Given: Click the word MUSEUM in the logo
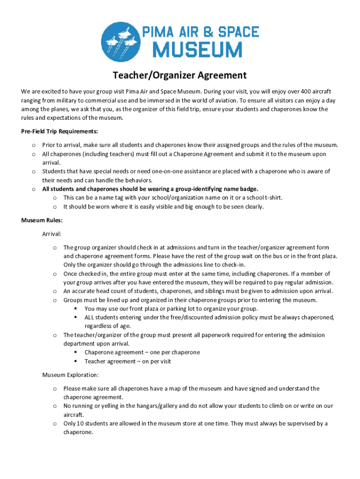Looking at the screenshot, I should click(199, 50).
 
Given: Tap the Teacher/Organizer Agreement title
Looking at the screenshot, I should click(180, 75).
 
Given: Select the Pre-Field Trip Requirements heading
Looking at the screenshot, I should click(59, 131).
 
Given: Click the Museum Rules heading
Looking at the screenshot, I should click(42, 220).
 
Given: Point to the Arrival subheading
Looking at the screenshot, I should click(52, 233).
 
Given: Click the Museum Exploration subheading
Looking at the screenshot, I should click(71, 375).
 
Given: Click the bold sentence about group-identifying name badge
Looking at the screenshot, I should click(150, 189).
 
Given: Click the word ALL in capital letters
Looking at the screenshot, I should click(90, 318).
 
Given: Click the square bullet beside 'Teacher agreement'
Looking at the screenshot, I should click(75, 362).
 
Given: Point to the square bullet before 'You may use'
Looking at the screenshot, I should click(75, 309).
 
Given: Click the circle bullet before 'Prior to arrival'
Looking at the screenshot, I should click(34, 145).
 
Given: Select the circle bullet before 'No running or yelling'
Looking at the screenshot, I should click(55, 406).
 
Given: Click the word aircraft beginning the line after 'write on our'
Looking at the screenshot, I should click(73, 415).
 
